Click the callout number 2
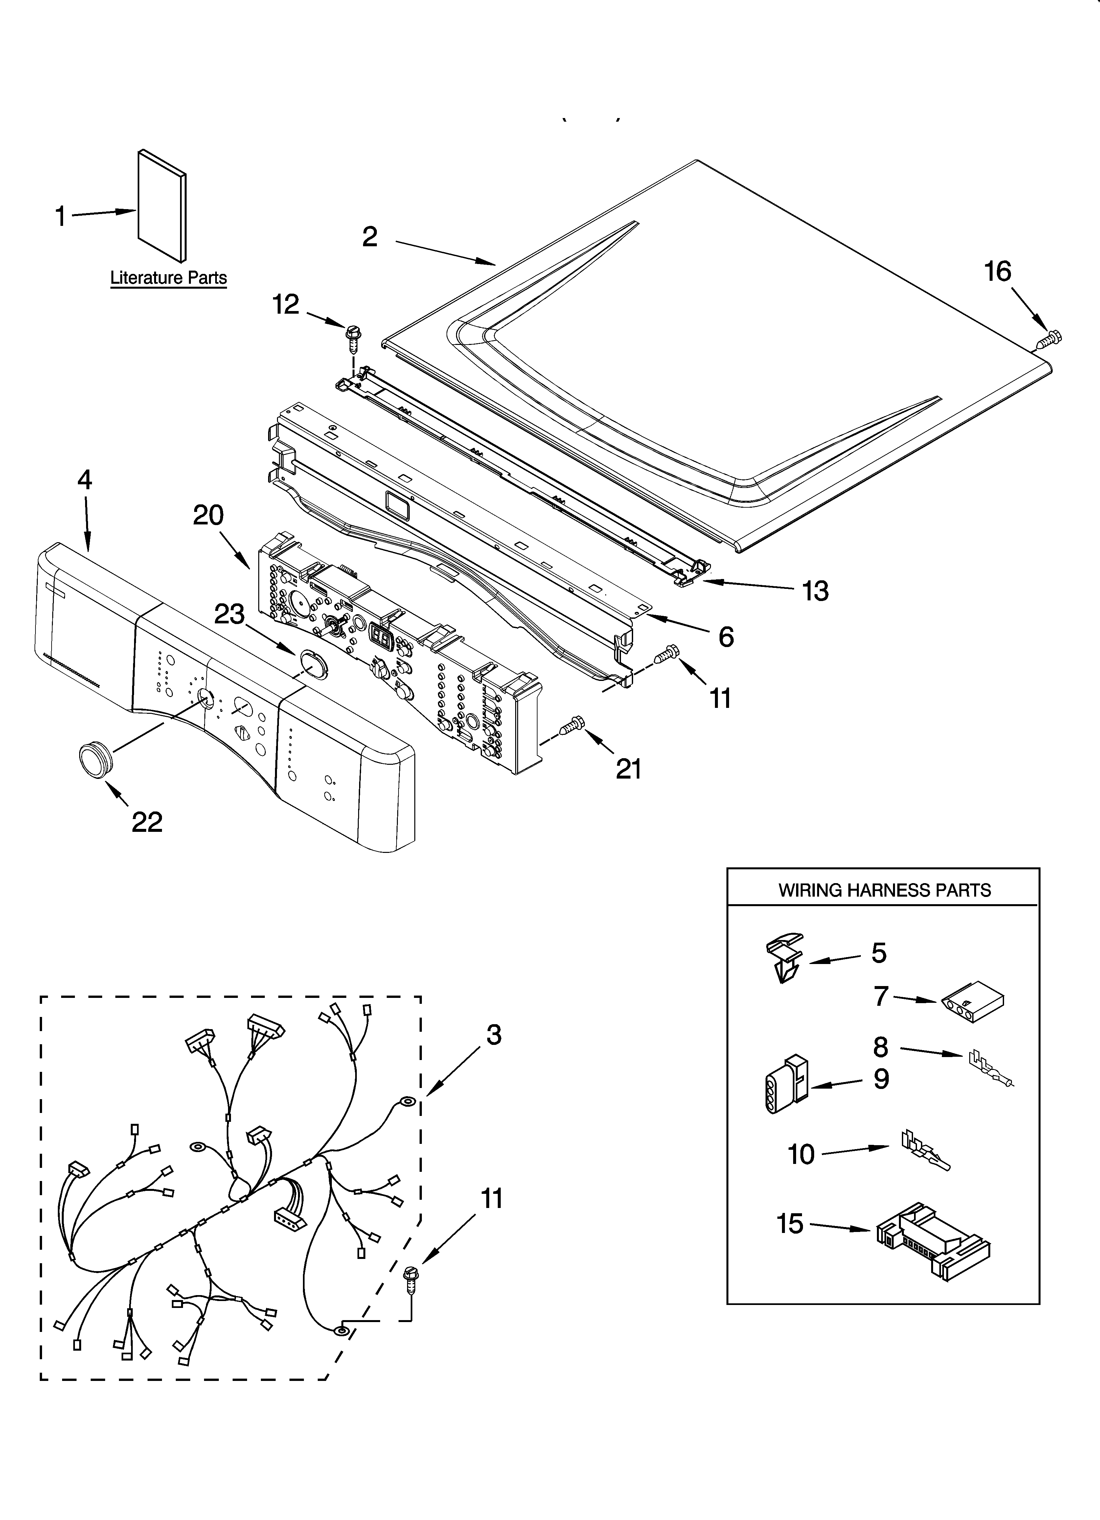370,237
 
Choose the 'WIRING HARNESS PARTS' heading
883,890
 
